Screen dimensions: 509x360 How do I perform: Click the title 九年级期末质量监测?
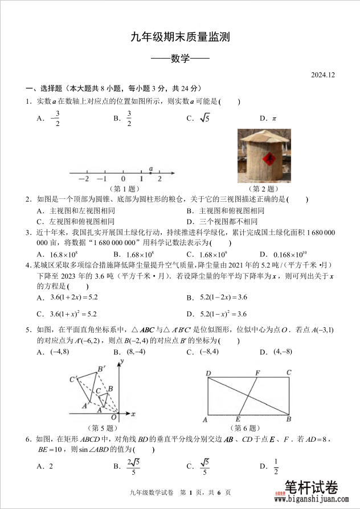[x=180, y=38]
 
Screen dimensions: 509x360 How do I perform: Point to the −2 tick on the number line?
[x=85, y=179]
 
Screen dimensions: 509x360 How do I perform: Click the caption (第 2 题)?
[x=264, y=189]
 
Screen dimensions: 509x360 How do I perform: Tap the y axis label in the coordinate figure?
[x=122, y=361]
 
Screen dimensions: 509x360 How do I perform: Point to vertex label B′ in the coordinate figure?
[x=101, y=369]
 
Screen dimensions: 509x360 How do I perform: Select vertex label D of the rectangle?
[x=208, y=373]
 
